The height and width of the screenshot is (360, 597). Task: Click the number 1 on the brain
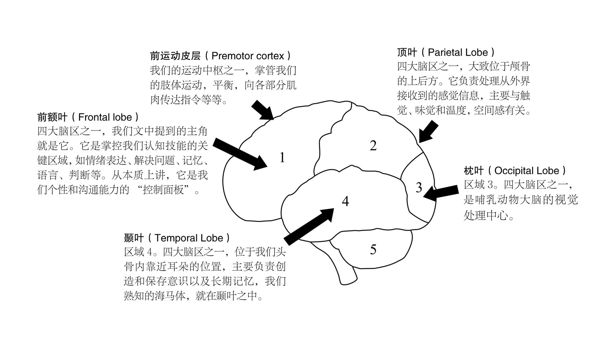(282, 157)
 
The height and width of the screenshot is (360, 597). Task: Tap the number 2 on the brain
(373, 146)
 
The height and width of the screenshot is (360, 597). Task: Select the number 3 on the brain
(419, 187)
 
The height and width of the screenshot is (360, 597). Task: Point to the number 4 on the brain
(345, 201)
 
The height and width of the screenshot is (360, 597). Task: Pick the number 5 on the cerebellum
(373, 249)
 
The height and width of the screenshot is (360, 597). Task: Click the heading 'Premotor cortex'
(248, 56)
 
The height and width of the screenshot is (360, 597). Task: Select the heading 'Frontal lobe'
(105, 117)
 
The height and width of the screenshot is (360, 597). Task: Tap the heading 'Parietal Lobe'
(458, 53)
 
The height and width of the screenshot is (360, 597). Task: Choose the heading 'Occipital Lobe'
(527, 171)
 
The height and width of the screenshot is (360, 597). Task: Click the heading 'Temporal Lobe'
(189, 238)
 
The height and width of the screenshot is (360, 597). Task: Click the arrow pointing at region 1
(240, 154)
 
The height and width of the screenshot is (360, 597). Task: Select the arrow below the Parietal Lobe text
(428, 132)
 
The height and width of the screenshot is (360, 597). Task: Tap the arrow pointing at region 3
(441, 193)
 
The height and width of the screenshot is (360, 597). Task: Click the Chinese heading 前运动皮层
(175, 56)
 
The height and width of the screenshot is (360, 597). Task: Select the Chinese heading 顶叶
(407, 53)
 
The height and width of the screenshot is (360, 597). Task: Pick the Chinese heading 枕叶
(474, 171)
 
